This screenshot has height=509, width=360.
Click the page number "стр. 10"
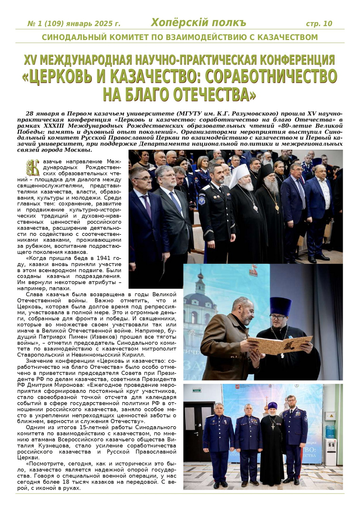click(x=319, y=23)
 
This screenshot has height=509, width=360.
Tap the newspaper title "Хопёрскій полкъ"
click(x=198, y=23)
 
